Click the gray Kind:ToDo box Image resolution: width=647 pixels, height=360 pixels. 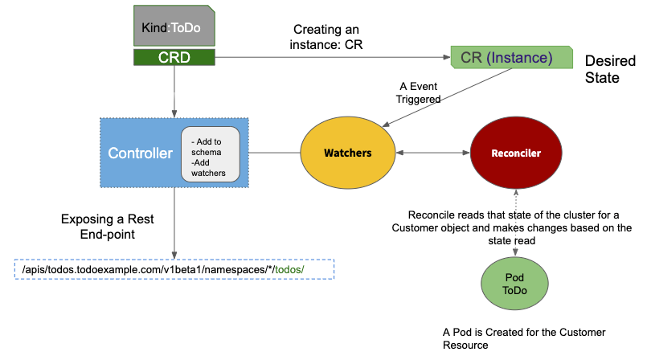[174, 27]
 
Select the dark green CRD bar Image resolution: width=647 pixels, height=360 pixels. [174, 57]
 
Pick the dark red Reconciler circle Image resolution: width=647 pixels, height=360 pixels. [516, 153]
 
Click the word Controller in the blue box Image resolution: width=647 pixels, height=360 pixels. [141, 153]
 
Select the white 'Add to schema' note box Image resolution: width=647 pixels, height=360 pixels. [210, 152]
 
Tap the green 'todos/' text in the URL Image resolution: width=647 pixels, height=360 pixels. [289, 270]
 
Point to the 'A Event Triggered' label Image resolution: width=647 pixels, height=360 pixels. [420, 92]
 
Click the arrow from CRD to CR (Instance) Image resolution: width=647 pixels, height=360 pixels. [330, 57]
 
